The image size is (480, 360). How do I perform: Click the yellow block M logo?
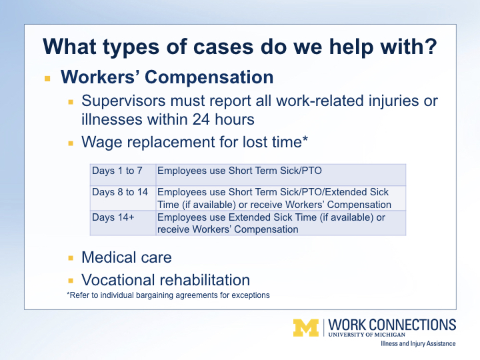pos(306,328)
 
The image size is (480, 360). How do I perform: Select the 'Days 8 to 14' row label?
pos(120,192)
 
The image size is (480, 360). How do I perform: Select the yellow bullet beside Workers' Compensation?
pos(47,79)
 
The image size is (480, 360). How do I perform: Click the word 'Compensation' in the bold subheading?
pos(209,77)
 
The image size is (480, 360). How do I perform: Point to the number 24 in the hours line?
pos(201,119)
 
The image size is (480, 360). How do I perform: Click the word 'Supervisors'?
pos(123,101)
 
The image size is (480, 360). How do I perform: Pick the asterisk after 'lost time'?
pos(305,139)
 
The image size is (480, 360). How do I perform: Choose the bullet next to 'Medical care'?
pos(71,258)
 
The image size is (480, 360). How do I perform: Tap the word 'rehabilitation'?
pos(205,280)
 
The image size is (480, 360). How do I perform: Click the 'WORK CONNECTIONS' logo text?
pos(392,325)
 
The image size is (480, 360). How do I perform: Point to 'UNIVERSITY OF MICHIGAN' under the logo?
pos(367,335)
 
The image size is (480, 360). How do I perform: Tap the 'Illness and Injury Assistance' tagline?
pos(418,344)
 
